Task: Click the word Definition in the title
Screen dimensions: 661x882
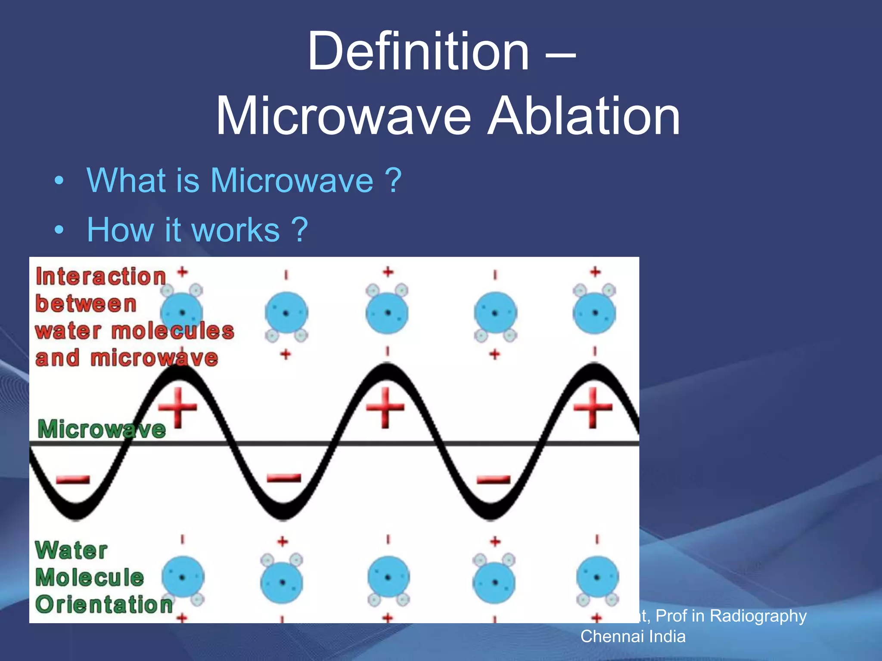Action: click(x=418, y=52)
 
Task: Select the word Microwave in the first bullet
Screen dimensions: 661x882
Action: click(x=292, y=181)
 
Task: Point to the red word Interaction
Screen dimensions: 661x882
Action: click(x=101, y=277)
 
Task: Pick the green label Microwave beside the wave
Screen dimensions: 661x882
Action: click(x=102, y=429)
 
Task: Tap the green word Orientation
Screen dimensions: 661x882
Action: click(x=104, y=605)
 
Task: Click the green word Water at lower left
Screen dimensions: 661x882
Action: click(x=71, y=550)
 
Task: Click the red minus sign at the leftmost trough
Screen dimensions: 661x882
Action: click(x=73, y=479)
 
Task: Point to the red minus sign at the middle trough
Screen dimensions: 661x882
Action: click(x=284, y=478)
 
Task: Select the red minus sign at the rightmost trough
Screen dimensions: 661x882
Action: click(x=494, y=479)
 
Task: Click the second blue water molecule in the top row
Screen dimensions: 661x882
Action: click(x=286, y=313)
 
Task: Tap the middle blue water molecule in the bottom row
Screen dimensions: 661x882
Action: click(x=388, y=578)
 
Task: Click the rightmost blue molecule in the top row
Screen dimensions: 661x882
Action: click(x=595, y=312)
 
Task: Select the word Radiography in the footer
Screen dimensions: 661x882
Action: click(x=758, y=616)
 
